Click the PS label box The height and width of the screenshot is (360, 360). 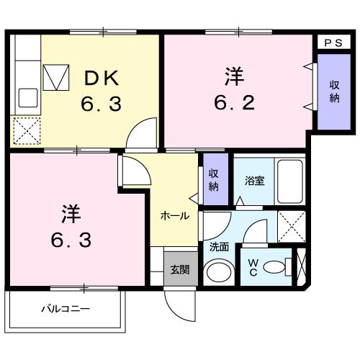pos(331,42)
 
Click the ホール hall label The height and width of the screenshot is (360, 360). pos(174,215)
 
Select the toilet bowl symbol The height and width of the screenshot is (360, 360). pos(277,267)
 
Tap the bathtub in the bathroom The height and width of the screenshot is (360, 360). pos(291,181)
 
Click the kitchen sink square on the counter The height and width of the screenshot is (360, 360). pos(28,96)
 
